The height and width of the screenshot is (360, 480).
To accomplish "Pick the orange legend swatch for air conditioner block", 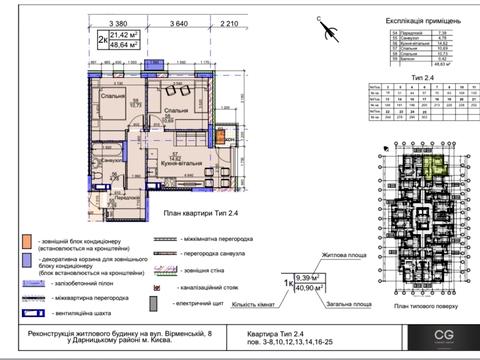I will (x=24, y=242).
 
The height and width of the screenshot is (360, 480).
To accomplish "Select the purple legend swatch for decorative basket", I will (x=24, y=262).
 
